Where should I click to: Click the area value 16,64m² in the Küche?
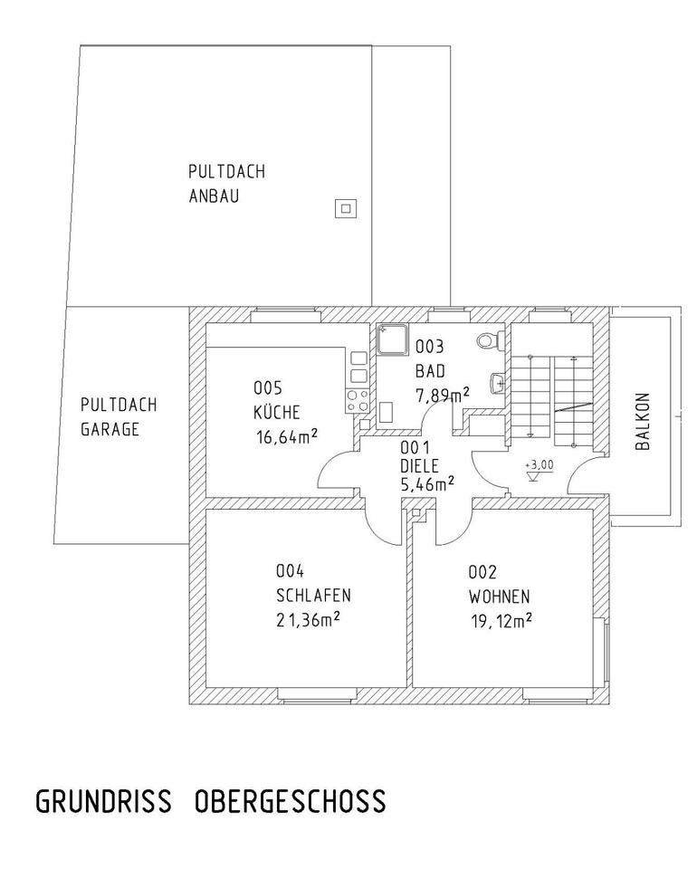click(287, 437)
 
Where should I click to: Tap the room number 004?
click(289, 571)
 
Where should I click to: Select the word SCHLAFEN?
click(312, 596)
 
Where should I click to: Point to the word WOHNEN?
click(499, 597)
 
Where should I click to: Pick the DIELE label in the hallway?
click(420, 465)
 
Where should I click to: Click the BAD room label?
click(431, 370)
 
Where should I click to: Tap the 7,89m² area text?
click(442, 394)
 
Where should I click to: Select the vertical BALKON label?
click(642, 422)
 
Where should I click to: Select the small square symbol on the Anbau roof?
click(345, 208)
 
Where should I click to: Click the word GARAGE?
click(110, 429)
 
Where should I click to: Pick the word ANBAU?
click(214, 196)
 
